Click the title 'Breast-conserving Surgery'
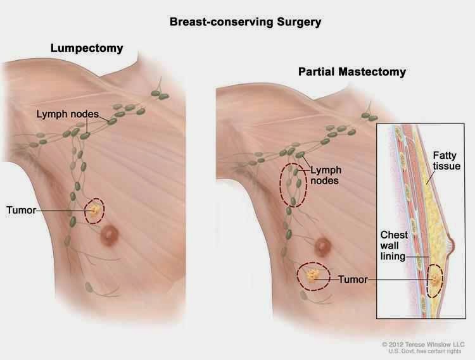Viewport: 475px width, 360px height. pos(245,22)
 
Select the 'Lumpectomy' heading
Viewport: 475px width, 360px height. pos(86,48)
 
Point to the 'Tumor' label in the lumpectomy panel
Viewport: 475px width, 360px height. pos(21,209)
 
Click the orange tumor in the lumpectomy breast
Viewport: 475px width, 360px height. pos(95,210)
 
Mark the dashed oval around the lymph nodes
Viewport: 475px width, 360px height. pos(291,185)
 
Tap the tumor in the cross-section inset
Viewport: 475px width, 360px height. pos(435,280)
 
